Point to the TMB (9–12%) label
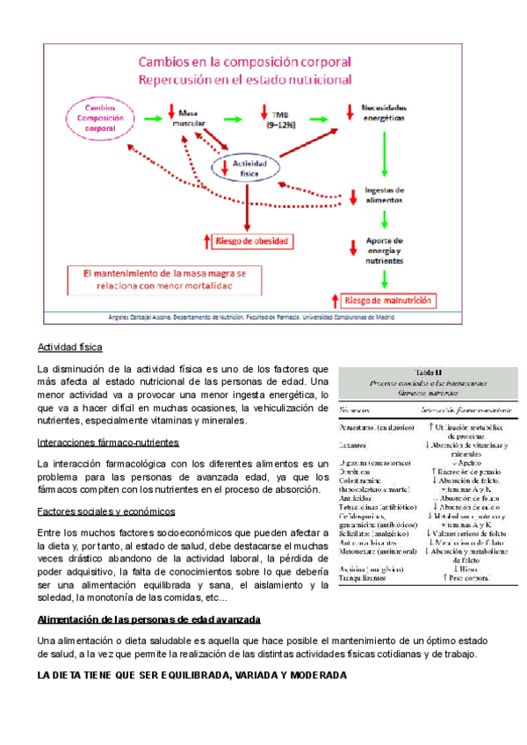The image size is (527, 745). pyautogui.click(x=282, y=120)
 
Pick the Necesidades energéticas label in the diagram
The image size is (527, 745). pyautogui.click(x=385, y=112)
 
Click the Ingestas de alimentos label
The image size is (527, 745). pyautogui.click(x=385, y=195)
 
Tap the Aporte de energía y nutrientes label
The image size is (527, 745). pyautogui.click(x=385, y=250)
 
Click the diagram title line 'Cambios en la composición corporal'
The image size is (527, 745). pyautogui.click(x=242, y=62)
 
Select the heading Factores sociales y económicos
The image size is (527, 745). pyautogui.click(x=105, y=511)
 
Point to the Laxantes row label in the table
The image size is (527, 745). pyautogui.click(x=353, y=446)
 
